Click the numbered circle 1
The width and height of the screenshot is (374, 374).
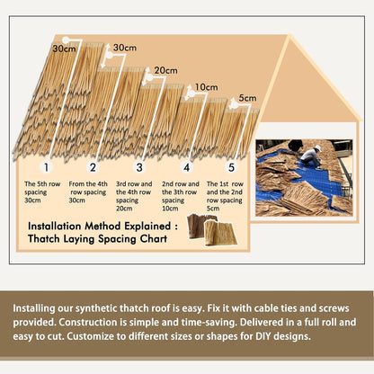46,166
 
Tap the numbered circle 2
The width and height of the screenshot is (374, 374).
93,166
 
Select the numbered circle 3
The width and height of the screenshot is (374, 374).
139,166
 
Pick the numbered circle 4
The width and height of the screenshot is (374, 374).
186,166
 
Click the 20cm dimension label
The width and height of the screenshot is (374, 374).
165,70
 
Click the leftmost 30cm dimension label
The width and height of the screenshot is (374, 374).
64,48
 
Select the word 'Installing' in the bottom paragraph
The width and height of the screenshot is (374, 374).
42,307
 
